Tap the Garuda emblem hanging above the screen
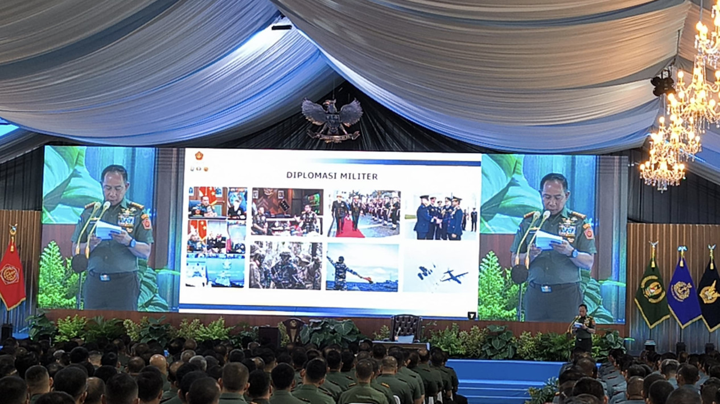click(x=332, y=119)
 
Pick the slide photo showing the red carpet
click(x=364, y=214)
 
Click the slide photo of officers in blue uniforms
click(x=441, y=217)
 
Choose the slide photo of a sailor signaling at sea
click(x=362, y=267)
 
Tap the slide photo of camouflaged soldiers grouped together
click(x=285, y=265)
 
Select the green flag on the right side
click(x=652, y=293)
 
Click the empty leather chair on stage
click(x=406, y=328)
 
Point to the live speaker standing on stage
click(x=584, y=328)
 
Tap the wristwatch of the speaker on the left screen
click(x=132, y=243)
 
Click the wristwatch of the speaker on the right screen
click(x=573, y=254)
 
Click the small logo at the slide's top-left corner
click(x=199, y=156)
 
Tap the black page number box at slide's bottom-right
click(x=471, y=315)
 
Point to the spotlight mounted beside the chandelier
click(x=662, y=83)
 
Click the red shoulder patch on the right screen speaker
click(x=589, y=232)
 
